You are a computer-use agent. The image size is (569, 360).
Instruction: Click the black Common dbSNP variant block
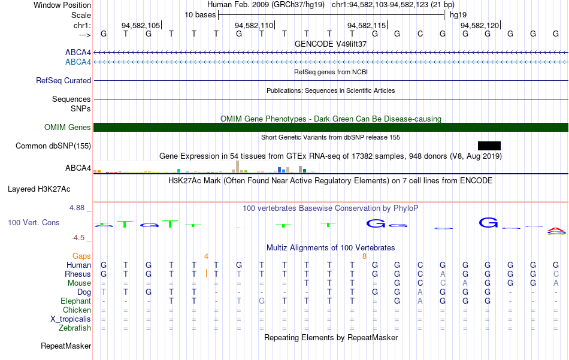pyautogui.click(x=489, y=146)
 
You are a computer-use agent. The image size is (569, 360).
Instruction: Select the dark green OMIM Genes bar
pyautogui.click(x=331, y=128)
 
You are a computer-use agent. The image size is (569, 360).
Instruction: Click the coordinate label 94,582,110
pyautogui.click(x=254, y=25)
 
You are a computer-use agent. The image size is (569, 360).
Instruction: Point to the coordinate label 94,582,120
pyautogui.click(x=480, y=25)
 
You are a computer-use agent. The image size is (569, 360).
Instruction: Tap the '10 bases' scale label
pyautogui.click(x=200, y=15)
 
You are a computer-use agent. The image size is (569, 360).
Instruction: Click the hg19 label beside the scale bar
pyautogui.click(x=458, y=15)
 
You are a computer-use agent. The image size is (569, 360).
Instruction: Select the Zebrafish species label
pyautogui.click(x=75, y=328)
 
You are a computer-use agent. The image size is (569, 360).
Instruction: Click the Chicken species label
pyautogui.click(x=77, y=310)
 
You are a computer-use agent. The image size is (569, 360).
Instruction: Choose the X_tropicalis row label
pyautogui.click(x=71, y=319)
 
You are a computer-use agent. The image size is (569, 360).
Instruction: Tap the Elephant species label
pyautogui.click(x=76, y=301)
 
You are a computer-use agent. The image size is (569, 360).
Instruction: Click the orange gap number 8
pyautogui.click(x=364, y=256)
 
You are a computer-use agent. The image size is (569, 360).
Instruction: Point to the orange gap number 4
pyautogui.click(x=206, y=256)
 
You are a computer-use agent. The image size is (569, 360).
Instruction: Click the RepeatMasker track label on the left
pyautogui.click(x=66, y=346)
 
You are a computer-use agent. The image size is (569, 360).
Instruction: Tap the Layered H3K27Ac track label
pyautogui.click(x=39, y=189)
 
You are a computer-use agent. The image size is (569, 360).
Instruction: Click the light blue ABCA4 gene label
pyautogui.click(x=78, y=62)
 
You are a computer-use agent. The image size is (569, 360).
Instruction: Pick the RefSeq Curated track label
pyautogui.click(x=63, y=80)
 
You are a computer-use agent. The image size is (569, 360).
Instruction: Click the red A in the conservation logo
pyautogui.click(x=556, y=230)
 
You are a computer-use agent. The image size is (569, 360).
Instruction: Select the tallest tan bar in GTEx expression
pyautogui.click(x=238, y=167)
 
